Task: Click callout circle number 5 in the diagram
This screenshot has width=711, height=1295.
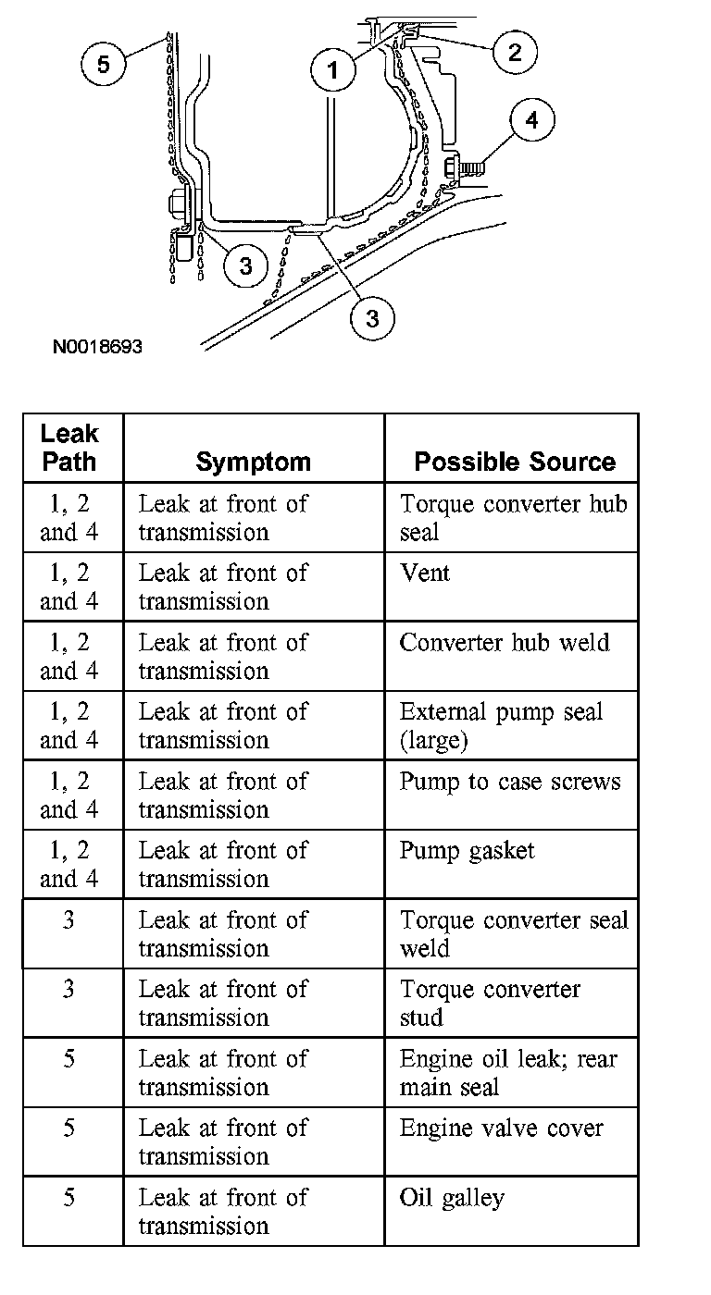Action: click(x=103, y=65)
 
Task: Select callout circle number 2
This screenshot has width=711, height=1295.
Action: click(x=514, y=52)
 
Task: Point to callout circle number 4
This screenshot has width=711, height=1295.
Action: click(x=530, y=120)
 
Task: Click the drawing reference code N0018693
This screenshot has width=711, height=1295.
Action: click(x=97, y=348)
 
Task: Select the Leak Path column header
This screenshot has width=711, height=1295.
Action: click(x=69, y=448)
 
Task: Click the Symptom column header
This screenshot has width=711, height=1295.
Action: click(x=253, y=462)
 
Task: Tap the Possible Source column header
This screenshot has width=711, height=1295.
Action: click(x=514, y=462)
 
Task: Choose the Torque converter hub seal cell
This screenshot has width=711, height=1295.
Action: click(x=513, y=518)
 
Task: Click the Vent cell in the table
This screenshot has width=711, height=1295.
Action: click(x=425, y=573)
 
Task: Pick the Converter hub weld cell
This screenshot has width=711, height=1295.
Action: click(x=505, y=642)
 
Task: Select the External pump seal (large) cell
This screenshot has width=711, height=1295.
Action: click(x=501, y=725)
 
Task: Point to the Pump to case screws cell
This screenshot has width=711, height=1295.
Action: click(x=509, y=782)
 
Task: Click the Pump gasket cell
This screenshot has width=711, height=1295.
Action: click(x=468, y=850)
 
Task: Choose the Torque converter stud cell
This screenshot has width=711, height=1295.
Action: click(x=490, y=1003)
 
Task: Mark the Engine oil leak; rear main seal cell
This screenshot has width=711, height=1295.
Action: click(x=508, y=1072)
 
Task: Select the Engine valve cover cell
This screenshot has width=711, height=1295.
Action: click(x=501, y=1128)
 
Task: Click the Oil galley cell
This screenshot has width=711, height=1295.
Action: click(x=452, y=1198)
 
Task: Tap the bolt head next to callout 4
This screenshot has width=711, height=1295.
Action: click(x=455, y=168)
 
